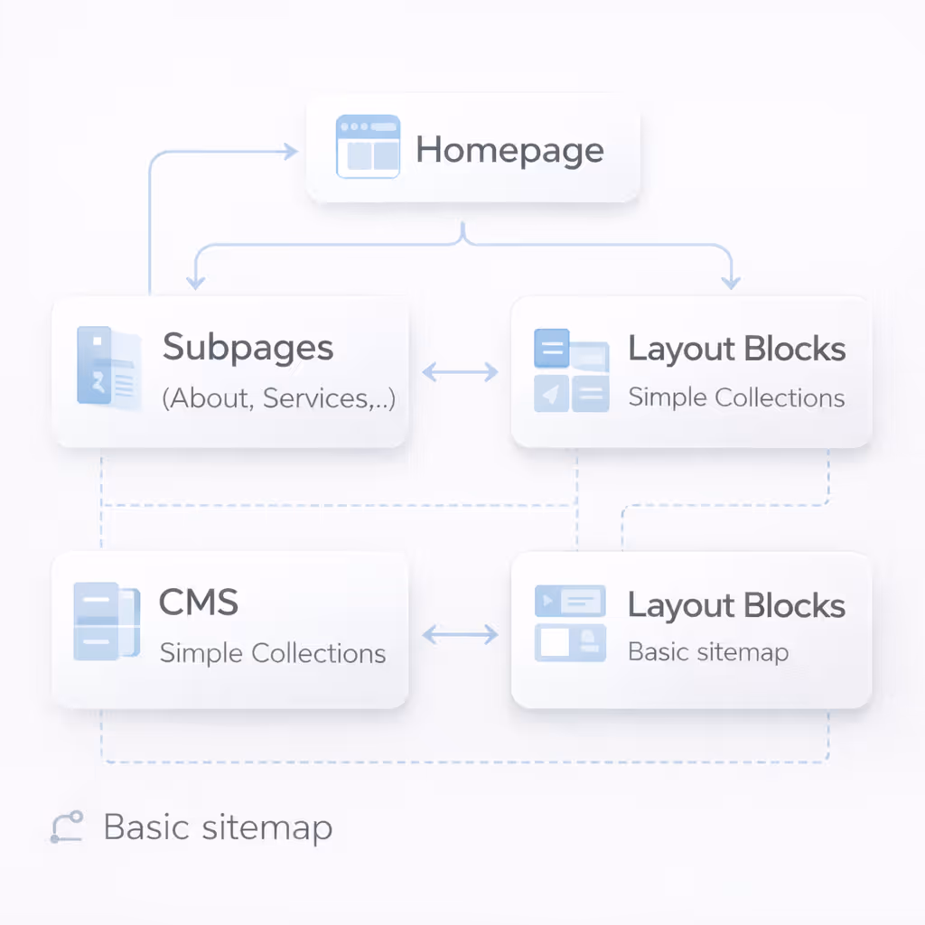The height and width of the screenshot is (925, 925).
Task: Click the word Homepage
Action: [x=509, y=151]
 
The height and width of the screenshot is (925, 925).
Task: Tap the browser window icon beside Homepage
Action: [x=368, y=146]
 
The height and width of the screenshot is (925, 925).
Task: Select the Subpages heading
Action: [x=248, y=348]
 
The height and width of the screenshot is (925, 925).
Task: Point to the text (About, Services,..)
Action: [x=278, y=397]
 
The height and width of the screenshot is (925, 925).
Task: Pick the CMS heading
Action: [x=198, y=602]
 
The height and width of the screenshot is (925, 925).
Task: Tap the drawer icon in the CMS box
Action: [x=106, y=621]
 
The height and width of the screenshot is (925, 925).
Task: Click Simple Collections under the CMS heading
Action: [x=272, y=653]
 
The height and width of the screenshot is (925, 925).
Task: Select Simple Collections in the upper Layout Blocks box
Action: [x=736, y=397]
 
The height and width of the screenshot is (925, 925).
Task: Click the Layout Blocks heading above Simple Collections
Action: [x=736, y=349]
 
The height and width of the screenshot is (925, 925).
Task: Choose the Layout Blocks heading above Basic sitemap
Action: [x=736, y=605]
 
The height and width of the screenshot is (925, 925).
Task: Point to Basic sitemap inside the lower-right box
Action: [x=708, y=652]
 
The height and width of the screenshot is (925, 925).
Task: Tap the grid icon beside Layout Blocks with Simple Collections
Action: [x=571, y=371]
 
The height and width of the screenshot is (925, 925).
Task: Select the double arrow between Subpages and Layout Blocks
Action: [x=460, y=371]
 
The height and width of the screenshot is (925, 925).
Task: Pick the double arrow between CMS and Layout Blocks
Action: [x=460, y=635]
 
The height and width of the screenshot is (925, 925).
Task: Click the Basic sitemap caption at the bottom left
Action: [x=218, y=827]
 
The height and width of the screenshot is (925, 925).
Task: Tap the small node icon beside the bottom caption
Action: [x=67, y=827]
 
